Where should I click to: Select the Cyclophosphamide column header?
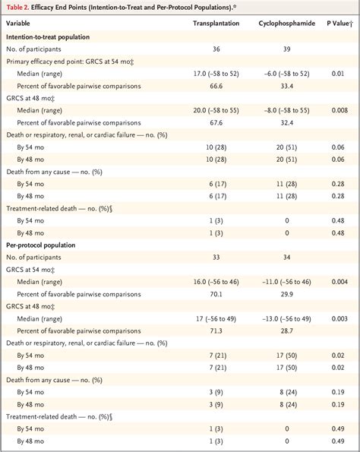(286, 23)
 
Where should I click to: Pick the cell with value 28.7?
(286, 332)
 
